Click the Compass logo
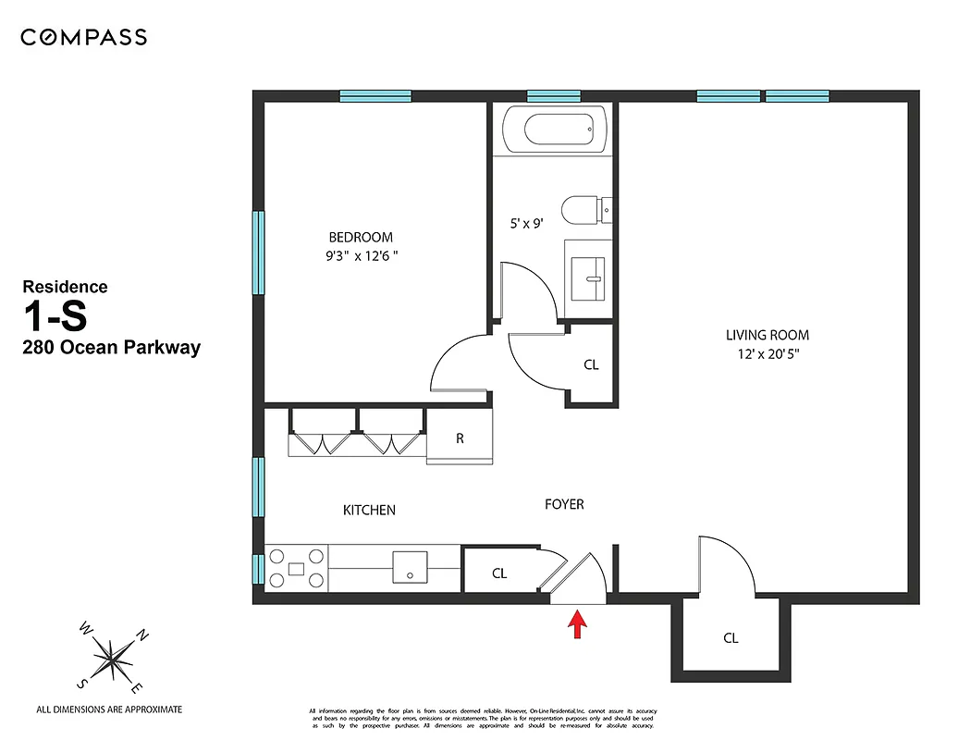point(83,38)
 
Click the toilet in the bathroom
point(586,210)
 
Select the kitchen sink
point(409,567)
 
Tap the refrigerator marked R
point(460,438)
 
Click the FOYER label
point(563,504)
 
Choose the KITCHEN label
point(369,510)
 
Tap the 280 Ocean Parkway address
point(111,349)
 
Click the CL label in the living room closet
point(731,638)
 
